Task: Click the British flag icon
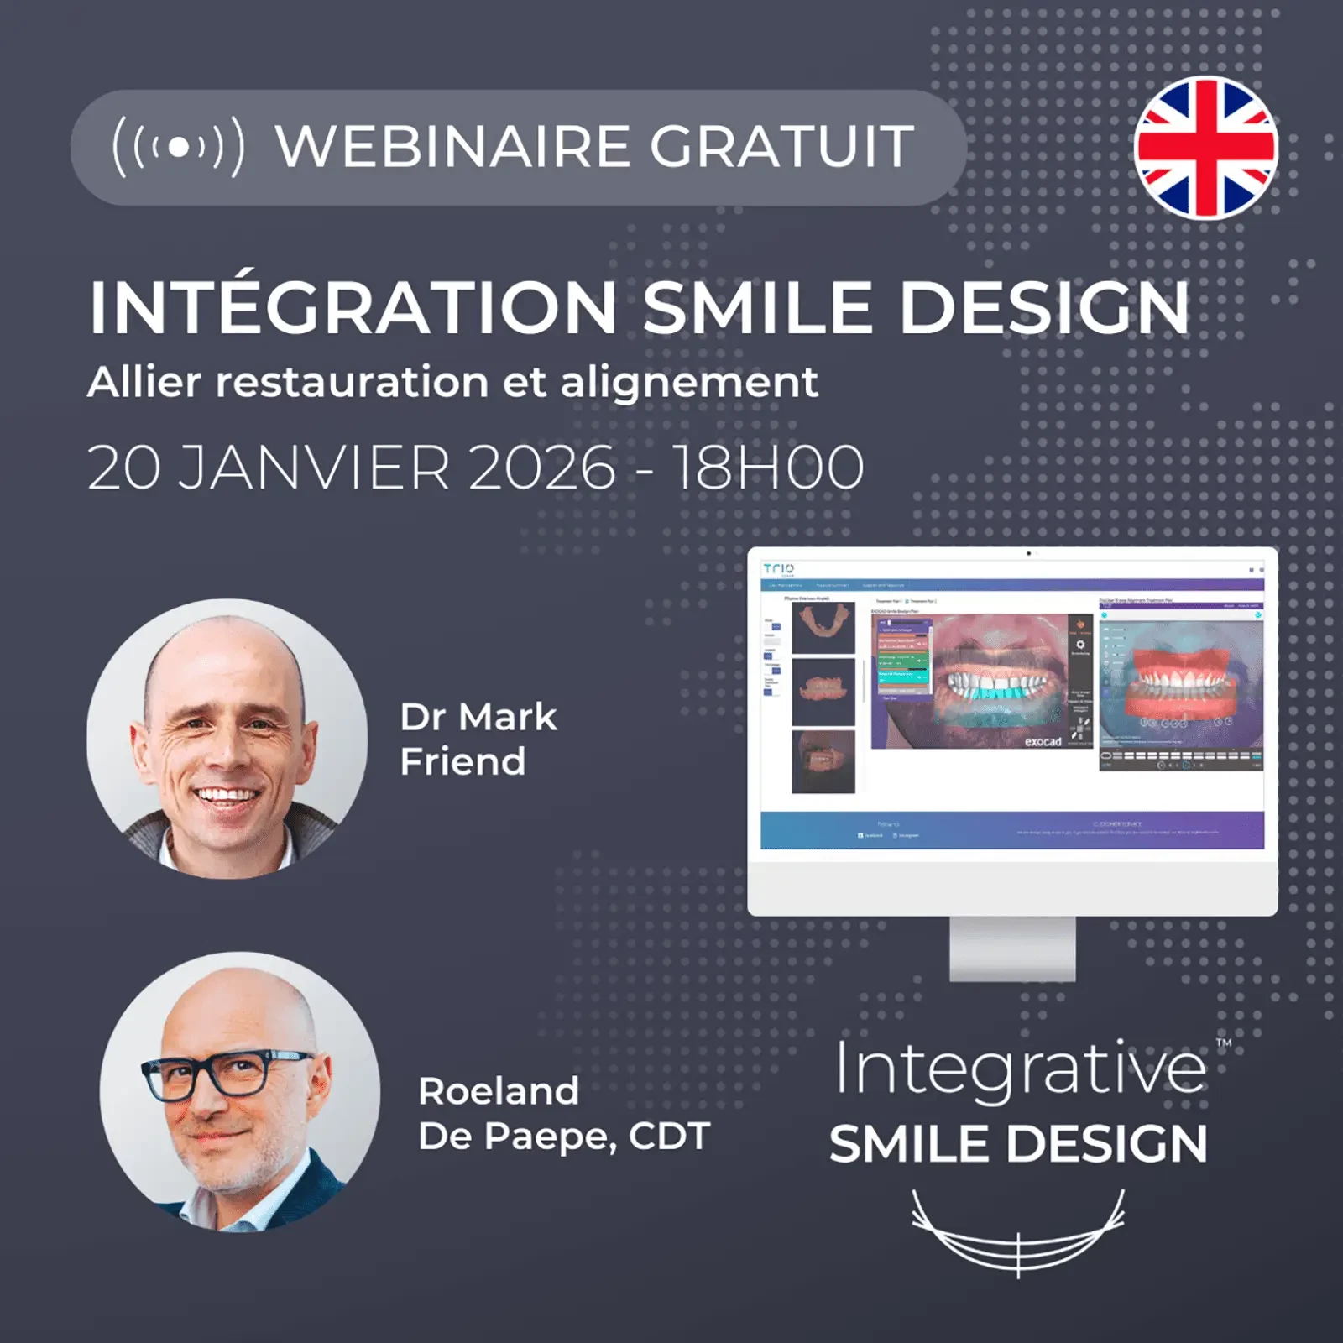[1205, 148]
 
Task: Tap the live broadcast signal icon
[178, 147]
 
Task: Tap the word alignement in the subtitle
[688, 383]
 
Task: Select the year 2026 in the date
[541, 468]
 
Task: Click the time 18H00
[768, 468]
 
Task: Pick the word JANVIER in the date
[315, 468]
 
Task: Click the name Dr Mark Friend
[477, 739]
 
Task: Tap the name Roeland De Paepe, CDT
[563, 1114]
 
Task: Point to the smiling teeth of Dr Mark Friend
[225, 794]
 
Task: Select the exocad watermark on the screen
[1043, 742]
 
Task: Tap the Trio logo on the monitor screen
[779, 569]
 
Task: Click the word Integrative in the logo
[1021, 1070]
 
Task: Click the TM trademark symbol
[1224, 1043]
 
